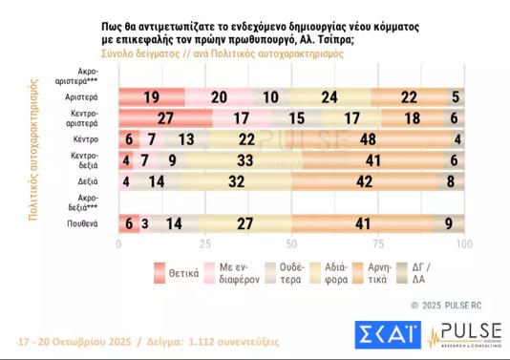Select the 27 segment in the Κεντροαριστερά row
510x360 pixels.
(x=164, y=118)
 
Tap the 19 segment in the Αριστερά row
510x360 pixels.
(x=151, y=97)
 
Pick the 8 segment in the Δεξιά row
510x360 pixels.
(x=450, y=180)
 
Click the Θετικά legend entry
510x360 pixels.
(x=176, y=272)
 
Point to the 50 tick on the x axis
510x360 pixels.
(x=290, y=244)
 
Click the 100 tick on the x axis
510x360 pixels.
(x=462, y=244)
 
